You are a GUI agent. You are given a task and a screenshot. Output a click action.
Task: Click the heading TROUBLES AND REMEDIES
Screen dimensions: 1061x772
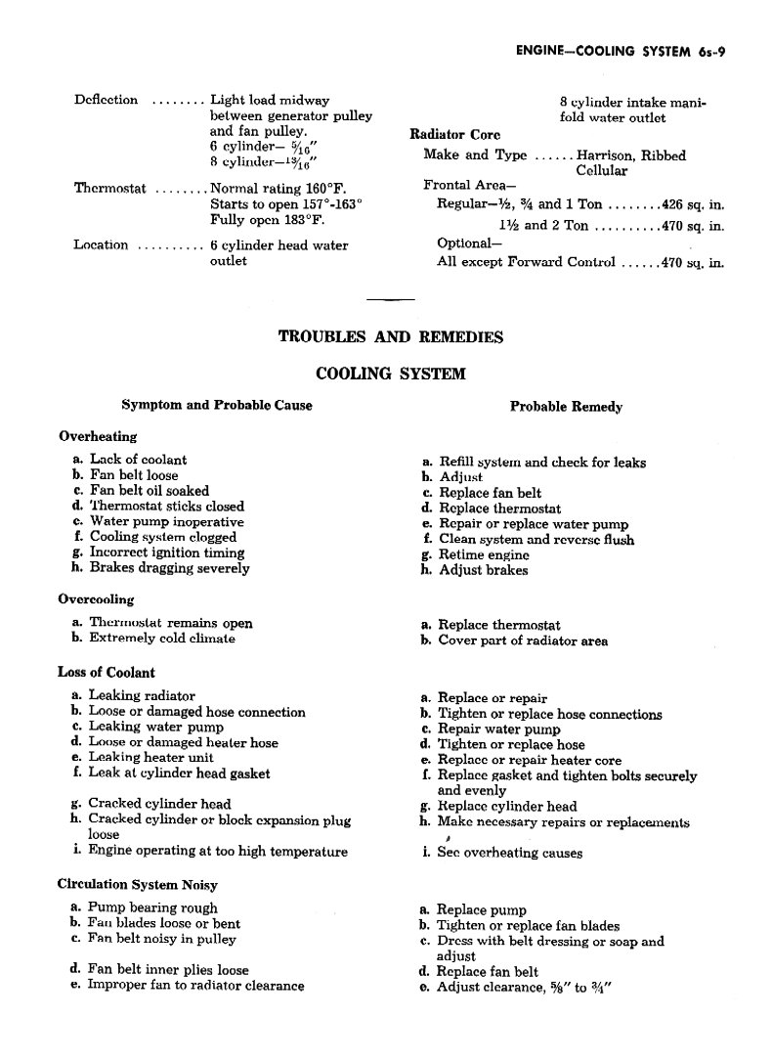(391, 337)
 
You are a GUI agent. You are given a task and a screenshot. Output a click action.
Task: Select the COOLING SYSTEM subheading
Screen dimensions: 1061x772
(391, 374)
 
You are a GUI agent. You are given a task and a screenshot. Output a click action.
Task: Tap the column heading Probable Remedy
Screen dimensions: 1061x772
(566, 407)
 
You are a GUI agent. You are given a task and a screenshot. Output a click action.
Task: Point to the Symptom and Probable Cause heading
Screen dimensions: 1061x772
(217, 405)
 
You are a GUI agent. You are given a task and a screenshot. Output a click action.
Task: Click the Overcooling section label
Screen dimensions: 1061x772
(96, 598)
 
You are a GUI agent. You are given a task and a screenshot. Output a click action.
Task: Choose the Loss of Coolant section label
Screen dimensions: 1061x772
(107, 673)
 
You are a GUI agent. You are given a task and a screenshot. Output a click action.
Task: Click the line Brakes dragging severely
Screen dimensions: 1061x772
(169, 568)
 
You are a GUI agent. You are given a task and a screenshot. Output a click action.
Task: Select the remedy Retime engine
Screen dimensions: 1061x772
(484, 554)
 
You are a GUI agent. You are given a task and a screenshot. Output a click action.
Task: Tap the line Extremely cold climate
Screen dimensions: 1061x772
(162, 639)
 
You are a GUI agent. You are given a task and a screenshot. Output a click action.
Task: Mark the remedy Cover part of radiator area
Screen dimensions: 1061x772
(523, 641)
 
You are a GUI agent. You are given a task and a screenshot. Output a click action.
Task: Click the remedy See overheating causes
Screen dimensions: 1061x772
(509, 853)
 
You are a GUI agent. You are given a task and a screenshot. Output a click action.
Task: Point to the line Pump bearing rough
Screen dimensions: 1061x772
(153, 908)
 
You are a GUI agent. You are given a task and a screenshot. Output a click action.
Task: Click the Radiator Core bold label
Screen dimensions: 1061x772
(455, 135)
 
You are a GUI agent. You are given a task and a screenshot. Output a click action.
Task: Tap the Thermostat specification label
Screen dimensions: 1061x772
(110, 189)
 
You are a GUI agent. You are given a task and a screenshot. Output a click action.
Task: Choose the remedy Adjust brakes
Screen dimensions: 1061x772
(483, 570)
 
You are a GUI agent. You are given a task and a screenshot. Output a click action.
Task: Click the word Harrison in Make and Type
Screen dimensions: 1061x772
(606, 155)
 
